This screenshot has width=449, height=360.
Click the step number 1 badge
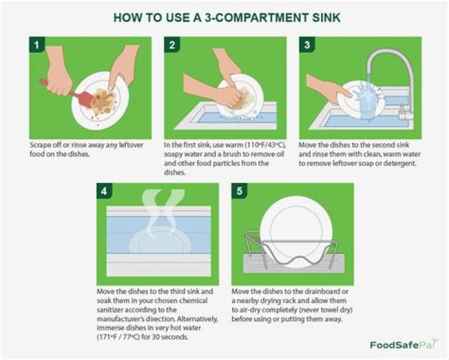click(37, 45)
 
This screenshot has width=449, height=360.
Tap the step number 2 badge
click(172, 45)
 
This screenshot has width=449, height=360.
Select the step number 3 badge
click(307, 45)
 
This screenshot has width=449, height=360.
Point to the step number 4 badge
click(104, 191)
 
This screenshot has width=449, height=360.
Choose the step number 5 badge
click(239, 191)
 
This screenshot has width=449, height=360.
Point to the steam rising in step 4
click(160, 212)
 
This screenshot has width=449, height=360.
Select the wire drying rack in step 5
click(291, 249)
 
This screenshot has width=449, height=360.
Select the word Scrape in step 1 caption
click(39, 145)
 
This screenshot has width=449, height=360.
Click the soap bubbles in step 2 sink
click(240, 118)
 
